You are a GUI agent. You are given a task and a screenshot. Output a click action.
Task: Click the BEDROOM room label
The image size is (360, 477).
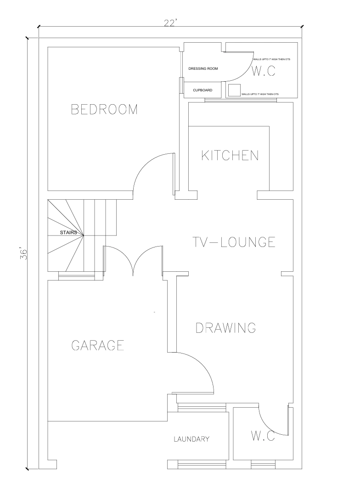(x=104, y=109)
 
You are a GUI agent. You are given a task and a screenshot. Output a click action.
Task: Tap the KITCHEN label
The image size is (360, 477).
(x=230, y=155)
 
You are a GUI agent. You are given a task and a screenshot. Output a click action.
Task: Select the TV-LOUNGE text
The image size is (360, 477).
(x=234, y=242)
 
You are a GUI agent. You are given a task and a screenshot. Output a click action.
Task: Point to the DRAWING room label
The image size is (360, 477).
(x=225, y=328)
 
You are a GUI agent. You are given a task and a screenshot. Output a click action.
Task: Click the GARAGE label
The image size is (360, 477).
(x=98, y=345)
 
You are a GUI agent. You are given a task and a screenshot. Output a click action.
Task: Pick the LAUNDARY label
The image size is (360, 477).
(x=191, y=439)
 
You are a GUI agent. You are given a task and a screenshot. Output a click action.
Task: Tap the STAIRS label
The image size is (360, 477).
(x=68, y=233)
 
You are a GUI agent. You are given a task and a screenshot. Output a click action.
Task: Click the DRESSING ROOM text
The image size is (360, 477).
(x=203, y=69)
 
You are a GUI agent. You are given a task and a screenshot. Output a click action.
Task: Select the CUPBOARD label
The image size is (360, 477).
(x=202, y=90)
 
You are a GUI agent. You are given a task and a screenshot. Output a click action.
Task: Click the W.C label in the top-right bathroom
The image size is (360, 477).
(x=264, y=71)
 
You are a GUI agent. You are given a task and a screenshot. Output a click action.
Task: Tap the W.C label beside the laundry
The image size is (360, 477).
(x=263, y=436)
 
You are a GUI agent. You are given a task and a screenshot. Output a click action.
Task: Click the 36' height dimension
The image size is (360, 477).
(x=24, y=254)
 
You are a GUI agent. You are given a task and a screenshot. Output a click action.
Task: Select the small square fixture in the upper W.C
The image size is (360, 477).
(x=234, y=90)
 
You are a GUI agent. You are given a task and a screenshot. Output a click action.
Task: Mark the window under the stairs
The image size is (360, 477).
(x=76, y=276)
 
